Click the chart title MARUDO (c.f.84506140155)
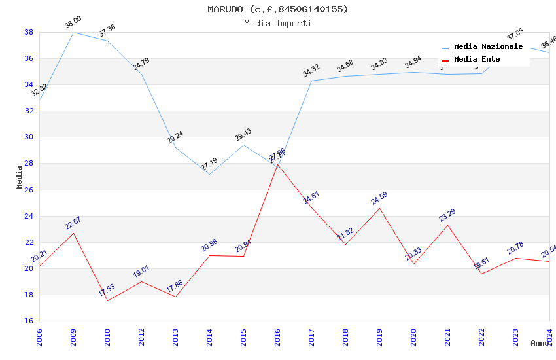tap(278, 9)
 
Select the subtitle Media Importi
tap(278, 23)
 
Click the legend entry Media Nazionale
tap(488, 46)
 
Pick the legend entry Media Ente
tap(477, 59)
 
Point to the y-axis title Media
tap(20, 177)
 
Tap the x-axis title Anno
tap(540, 343)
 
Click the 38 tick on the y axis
tap(29, 32)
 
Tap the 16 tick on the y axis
tap(29, 321)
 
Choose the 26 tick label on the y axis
tap(29, 190)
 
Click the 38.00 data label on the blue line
tap(73, 24)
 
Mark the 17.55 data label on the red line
tap(107, 291)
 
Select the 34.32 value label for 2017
tap(311, 71)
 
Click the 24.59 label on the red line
tap(379, 199)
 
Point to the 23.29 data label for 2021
tap(447, 215)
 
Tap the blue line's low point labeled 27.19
tap(209, 174)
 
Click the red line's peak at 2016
tap(277, 164)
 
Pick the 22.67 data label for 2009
tap(73, 223)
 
